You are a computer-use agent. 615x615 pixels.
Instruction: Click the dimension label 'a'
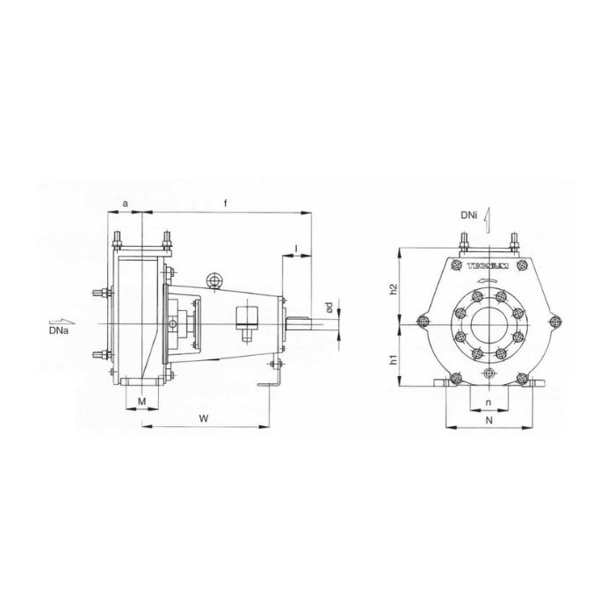[125, 203]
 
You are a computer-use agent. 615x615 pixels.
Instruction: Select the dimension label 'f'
[226, 203]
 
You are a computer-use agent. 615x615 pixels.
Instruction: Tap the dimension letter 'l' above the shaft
[297, 248]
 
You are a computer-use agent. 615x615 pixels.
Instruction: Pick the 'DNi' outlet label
[469, 213]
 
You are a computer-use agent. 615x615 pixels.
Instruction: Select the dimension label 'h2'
[394, 287]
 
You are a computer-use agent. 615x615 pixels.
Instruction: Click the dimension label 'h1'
[394, 359]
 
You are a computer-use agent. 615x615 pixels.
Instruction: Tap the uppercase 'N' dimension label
[488, 421]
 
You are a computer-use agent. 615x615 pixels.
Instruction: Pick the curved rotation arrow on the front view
[488, 280]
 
